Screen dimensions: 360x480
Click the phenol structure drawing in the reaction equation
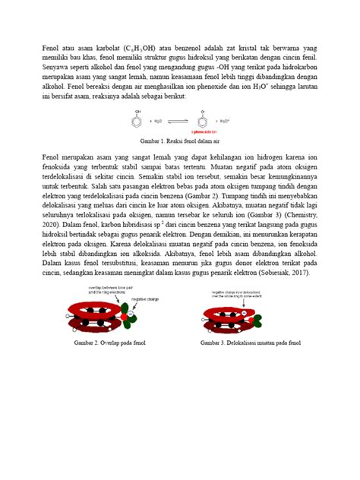click(x=136, y=119)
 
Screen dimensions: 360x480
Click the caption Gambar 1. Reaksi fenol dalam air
click(x=180, y=141)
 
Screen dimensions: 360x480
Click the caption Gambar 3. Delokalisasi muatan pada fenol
click(x=251, y=343)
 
